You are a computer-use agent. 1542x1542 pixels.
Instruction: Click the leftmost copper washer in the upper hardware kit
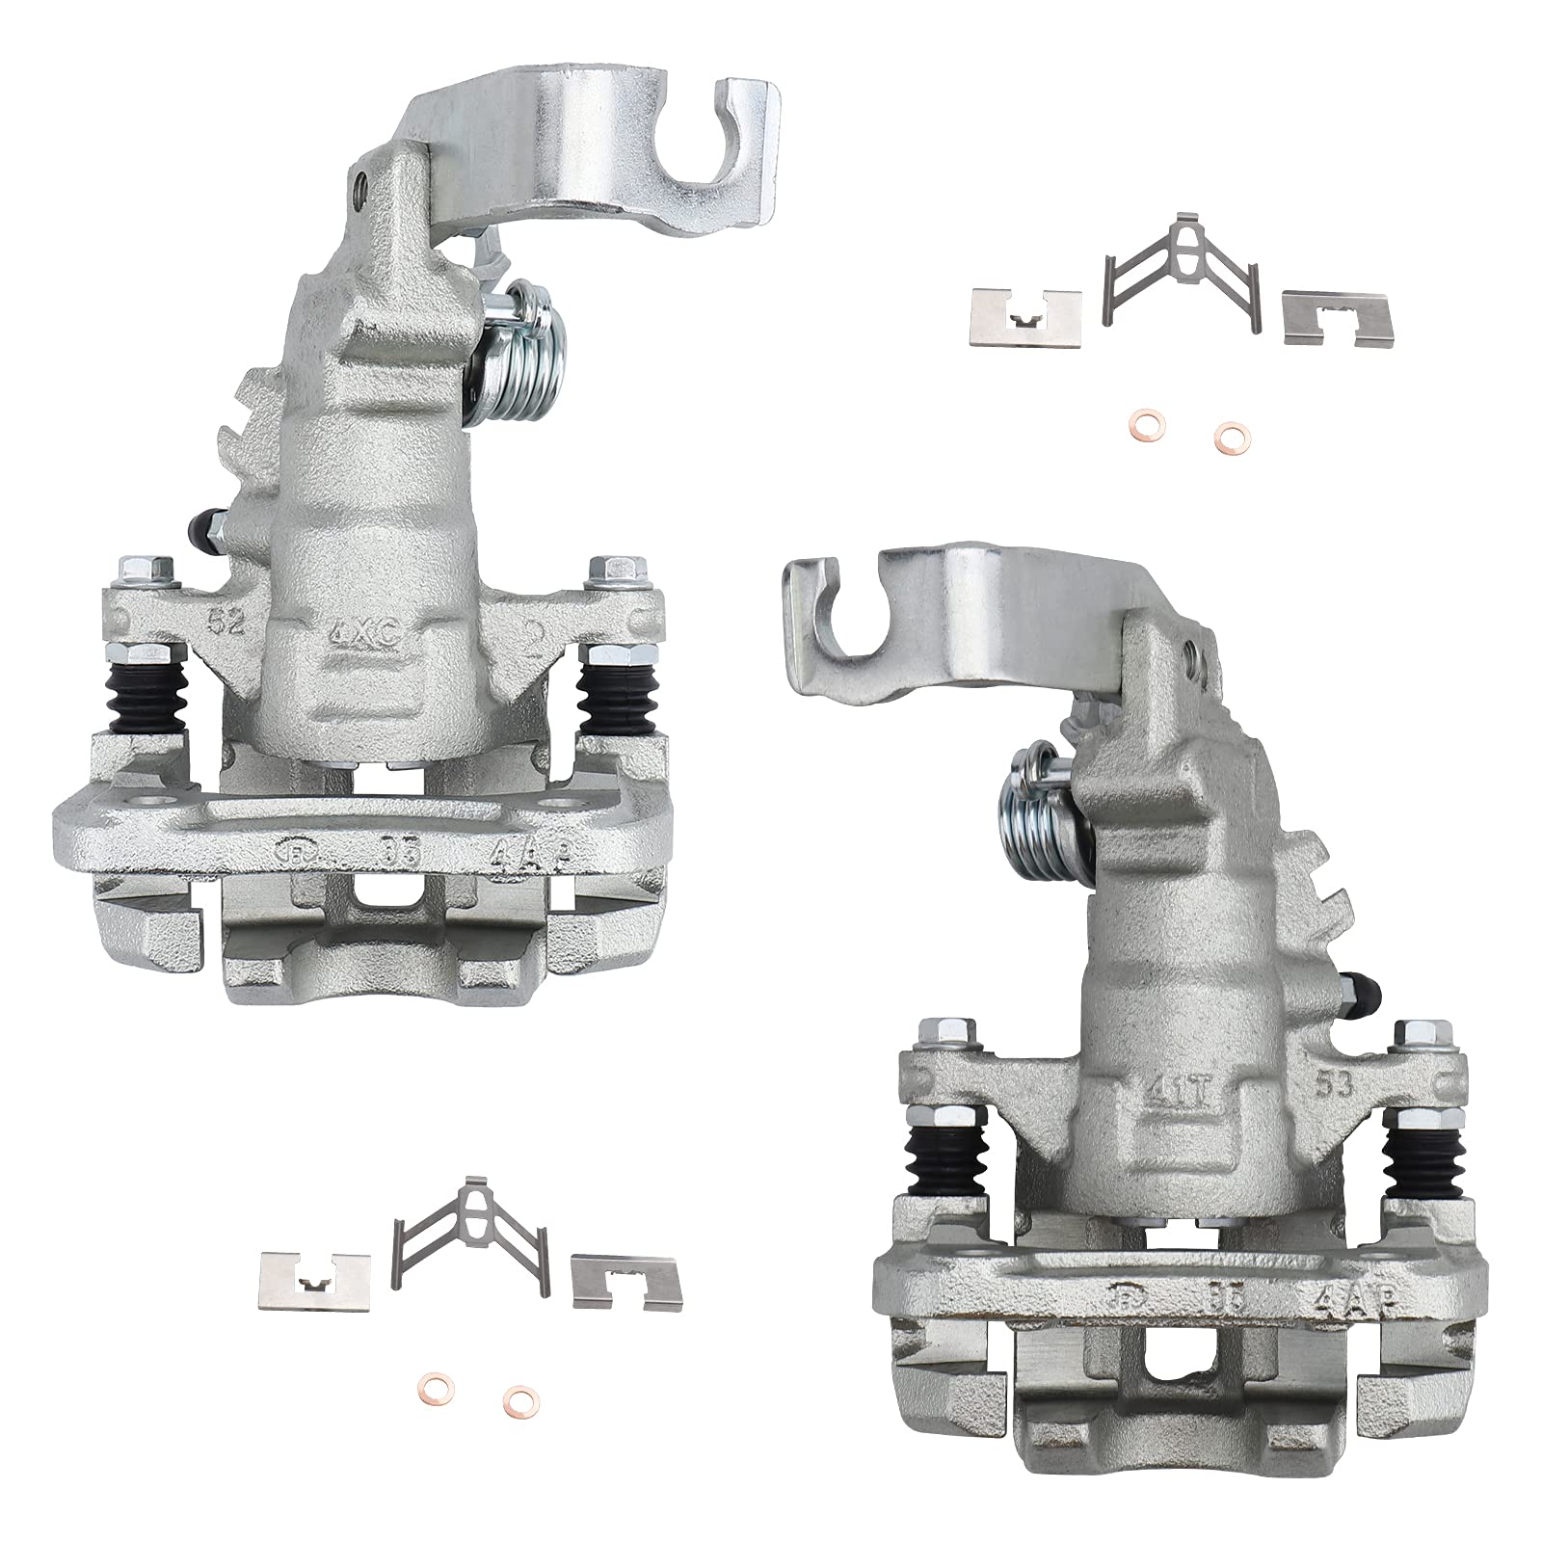tap(1140, 425)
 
